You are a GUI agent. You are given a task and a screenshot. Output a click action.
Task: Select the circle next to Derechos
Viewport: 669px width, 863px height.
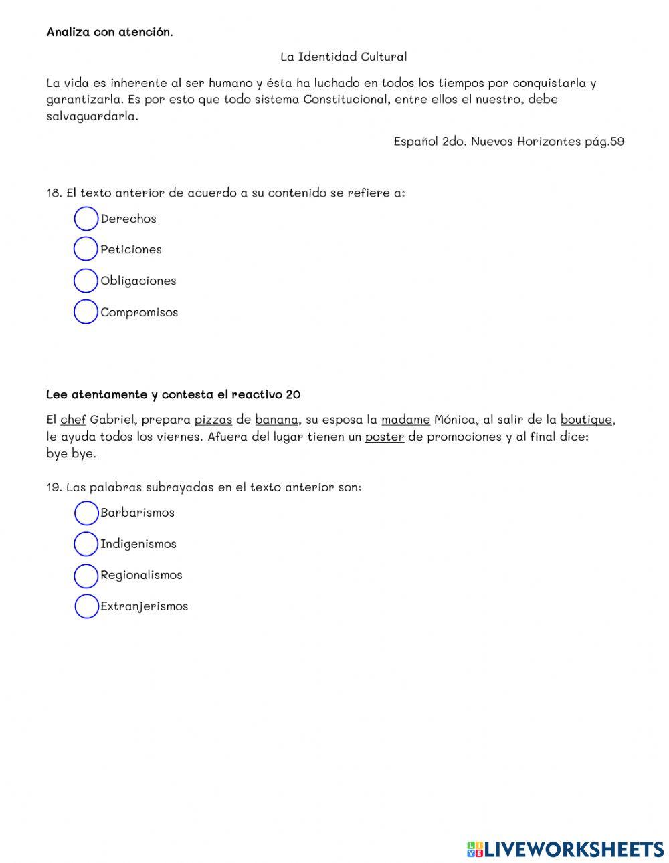[86, 219]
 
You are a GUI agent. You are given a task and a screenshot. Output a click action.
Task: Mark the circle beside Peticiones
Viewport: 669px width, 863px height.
[86, 249]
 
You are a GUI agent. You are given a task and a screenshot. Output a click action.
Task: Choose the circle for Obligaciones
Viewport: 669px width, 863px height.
[86, 281]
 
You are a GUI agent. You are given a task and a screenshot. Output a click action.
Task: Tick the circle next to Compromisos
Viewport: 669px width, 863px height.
[86, 312]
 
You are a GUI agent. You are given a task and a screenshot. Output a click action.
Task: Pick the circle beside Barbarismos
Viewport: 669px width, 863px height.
[86, 513]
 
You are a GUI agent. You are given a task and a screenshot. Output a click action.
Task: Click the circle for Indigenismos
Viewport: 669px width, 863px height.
[86, 544]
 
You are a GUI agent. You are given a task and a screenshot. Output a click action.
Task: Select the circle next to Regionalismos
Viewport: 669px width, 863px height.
[86, 575]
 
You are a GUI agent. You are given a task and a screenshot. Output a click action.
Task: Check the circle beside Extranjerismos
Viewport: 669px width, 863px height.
[86, 606]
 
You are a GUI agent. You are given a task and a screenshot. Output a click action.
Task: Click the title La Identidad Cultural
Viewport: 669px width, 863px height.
[343, 57]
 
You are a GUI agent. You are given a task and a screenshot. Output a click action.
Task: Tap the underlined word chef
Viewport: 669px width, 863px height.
[73, 420]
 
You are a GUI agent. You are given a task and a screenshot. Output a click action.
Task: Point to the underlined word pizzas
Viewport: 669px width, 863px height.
[213, 420]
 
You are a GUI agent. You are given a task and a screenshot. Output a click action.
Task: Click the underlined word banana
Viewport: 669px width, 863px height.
[276, 420]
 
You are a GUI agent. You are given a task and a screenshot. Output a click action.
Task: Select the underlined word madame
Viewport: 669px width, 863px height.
[405, 420]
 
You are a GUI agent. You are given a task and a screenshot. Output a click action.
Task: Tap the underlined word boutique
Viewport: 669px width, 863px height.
[586, 420]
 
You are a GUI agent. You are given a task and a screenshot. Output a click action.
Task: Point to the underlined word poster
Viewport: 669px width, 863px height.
[384, 437]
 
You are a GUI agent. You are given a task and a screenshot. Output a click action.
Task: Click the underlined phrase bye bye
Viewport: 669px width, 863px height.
[71, 454]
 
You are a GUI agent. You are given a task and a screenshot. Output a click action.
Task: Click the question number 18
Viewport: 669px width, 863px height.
[54, 193]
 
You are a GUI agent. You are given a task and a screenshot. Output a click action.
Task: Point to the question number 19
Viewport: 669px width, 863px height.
[54, 487]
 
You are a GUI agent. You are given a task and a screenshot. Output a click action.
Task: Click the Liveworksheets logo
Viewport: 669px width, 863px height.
[565, 849]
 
